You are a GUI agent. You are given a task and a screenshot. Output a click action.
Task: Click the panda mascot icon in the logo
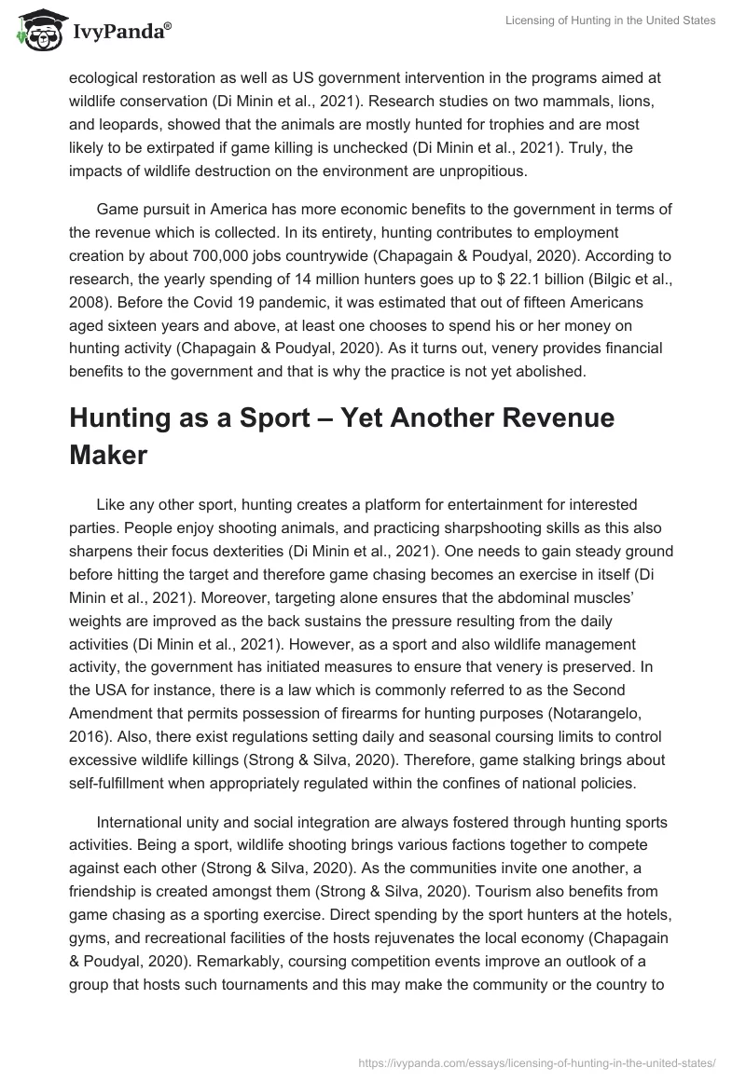pyautogui.click(x=35, y=29)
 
